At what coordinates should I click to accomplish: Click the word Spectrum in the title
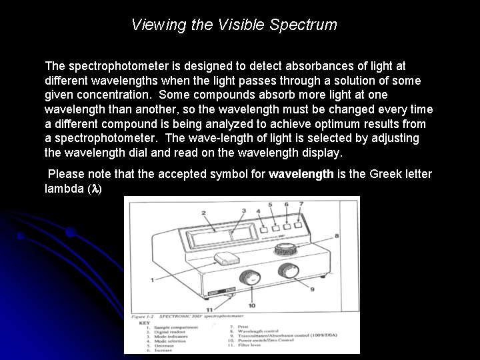305,25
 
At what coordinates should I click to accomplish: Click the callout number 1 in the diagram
153,279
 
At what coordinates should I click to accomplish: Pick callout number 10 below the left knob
251,305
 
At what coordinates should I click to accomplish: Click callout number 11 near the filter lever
210,310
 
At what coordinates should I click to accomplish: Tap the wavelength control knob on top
287,249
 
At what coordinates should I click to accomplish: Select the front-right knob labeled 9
287,271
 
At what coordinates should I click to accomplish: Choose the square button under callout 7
297,226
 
